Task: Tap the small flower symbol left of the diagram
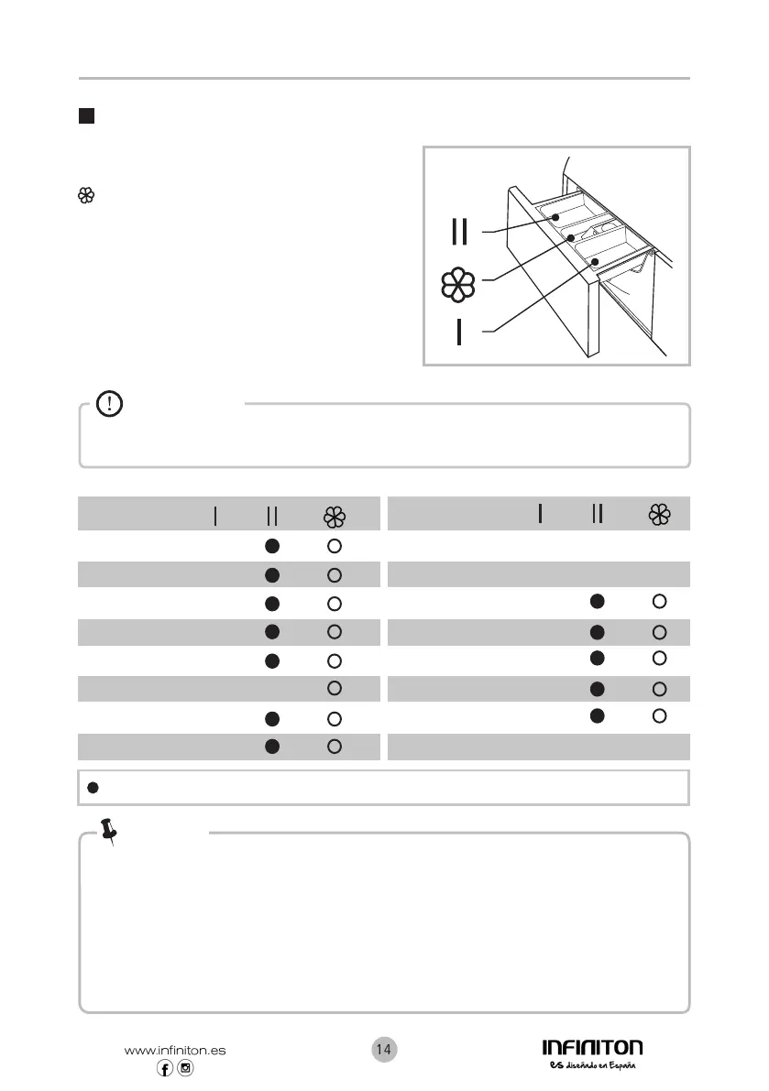(87, 195)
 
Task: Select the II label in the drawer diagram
(460, 232)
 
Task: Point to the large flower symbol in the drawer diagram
(458, 285)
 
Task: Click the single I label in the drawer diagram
(459, 333)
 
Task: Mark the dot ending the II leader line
(555, 217)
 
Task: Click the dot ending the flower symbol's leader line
(570, 237)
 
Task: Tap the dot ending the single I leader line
(596, 261)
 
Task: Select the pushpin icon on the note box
(110, 831)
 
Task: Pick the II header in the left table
(271, 517)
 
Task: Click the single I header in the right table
(541, 515)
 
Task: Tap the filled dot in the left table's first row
(271, 545)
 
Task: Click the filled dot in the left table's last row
(271, 747)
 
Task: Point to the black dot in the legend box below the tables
(93, 788)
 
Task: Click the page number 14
(384, 1050)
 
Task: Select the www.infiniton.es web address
(175, 1051)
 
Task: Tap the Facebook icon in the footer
(166, 1069)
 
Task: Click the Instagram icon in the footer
(186, 1069)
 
